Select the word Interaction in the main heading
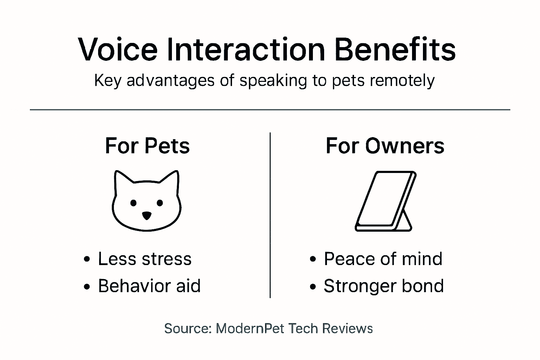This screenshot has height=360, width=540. pos(245,49)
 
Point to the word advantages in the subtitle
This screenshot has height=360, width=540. pos(171,81)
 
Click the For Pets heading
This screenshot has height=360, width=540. pos(147,146)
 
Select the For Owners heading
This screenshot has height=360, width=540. pos(385,146)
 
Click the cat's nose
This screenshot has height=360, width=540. pos(147,215)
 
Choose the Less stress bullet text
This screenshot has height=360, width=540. pos(144,259)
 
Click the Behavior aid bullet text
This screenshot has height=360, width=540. pos(149,286)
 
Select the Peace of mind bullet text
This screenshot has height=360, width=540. pos(383,259)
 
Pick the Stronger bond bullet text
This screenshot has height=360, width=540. pos(384,286)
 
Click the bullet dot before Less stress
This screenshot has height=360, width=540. pos(87,260)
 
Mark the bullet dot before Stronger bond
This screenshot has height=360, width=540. pos(313,287)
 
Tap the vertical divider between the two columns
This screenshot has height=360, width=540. pos(270,214)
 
